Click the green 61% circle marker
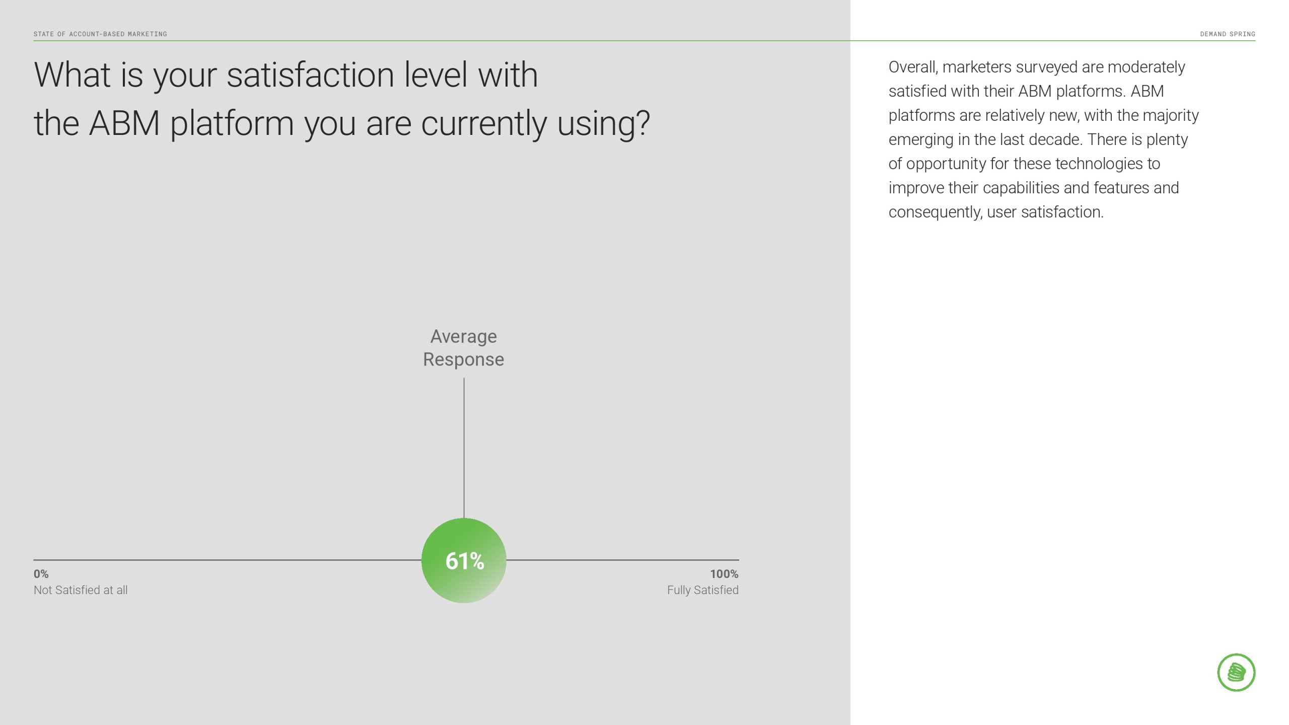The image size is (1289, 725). [x=464, y=560]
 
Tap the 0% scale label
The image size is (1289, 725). [x=41, y=574]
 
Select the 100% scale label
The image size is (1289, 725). [x=724, y=574]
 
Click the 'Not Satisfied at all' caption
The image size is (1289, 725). [x=81, y=590]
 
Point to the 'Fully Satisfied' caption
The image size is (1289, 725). [x=703, y=590]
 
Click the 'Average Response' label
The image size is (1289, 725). [x=464, y=348]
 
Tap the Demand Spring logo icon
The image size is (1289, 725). [x=1236, y=673]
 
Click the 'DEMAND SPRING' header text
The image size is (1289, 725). [x=1228, y=34]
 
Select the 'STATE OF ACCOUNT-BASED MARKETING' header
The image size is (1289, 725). [x=100, y=34]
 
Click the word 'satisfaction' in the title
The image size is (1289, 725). [x=310, y=75]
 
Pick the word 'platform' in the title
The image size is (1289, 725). [x=232, y=124]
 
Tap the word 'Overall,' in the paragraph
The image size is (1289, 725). [x=913, y=67]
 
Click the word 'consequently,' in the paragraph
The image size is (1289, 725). [x=935, y=212]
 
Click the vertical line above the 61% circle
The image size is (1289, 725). [x=464, y=448]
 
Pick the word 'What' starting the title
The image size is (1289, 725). [x=72, y=75]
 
